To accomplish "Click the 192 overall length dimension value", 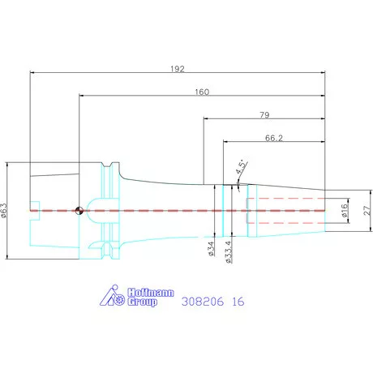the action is tap(178, 69).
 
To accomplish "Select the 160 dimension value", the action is tap(202, 92).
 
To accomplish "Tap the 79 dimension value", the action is tap(264, 115).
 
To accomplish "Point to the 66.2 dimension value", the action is tap(274, 138).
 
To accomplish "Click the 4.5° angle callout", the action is tap(242, 166).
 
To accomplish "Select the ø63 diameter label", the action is tap(4, 211).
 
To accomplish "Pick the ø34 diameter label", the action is tap(211, 249).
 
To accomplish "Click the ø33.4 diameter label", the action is tap(228, 252).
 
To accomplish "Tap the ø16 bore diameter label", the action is tap(344, 211).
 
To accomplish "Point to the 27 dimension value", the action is tap(367, 211).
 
